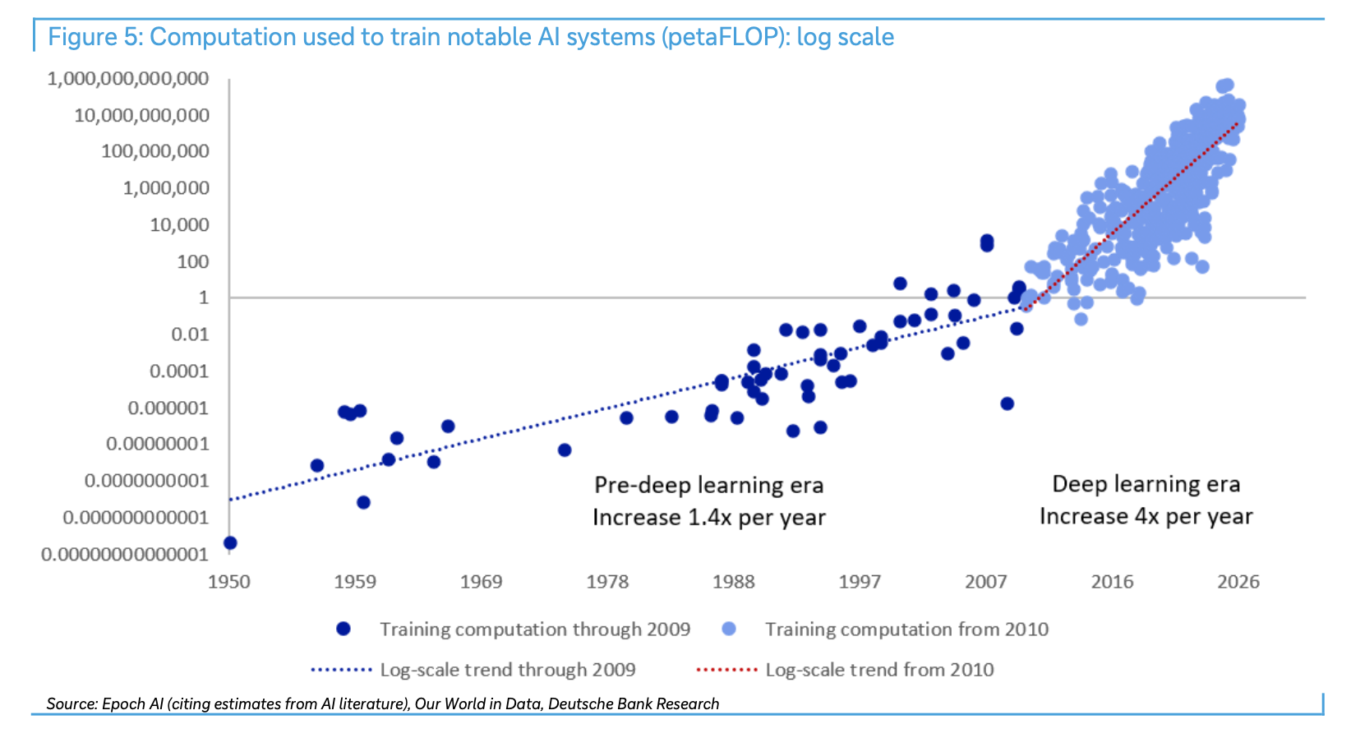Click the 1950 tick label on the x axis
tap(228, 582)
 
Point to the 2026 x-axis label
tap(1238, 582)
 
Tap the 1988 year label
tap(733, 582)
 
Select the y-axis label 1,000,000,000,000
tap(128, 78)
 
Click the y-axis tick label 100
tap(192, 261)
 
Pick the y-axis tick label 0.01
tap(190, 334)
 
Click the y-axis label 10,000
tap(179, 225)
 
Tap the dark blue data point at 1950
tap(230, 543)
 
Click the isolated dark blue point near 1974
tap(565, 450)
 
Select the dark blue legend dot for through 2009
tap(344, 630)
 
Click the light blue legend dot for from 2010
tap(729, 630)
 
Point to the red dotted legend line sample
tap(726, 670)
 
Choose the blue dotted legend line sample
tap(341, 670)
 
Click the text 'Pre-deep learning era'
tap(708, 486)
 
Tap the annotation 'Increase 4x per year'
tap(1146, 517)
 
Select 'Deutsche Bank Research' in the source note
tap(634, 703)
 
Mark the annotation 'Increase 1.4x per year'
tap(708, 517)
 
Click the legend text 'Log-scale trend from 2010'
tap(879, 670)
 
